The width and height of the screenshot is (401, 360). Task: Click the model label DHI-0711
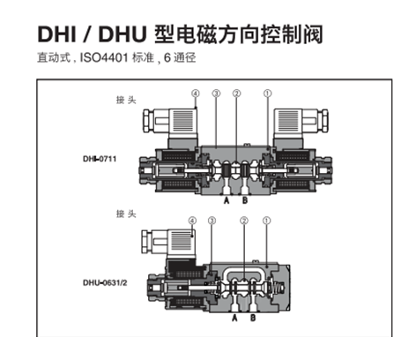pos(100,159)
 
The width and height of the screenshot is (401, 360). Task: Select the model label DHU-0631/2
pos(105,283)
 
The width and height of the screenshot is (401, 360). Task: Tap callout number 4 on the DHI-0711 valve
pos(196,94)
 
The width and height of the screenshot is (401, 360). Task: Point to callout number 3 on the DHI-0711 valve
pos(216,94)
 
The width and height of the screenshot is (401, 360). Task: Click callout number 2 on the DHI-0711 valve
pos(236,94)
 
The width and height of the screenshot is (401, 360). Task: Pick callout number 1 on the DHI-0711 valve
pos(267,94)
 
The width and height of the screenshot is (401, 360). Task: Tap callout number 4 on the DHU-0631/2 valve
pos(192,221)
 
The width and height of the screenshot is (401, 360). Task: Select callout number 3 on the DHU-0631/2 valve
pos(212,221)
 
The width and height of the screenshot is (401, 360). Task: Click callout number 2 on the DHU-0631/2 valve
pos(244,221)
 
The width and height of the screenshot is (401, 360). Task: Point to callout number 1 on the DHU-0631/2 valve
pos(266,221)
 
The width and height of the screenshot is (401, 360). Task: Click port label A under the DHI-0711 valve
pos(226,200)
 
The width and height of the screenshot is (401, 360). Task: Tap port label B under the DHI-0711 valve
pos(245,200)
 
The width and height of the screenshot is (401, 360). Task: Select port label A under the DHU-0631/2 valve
pos(234,318)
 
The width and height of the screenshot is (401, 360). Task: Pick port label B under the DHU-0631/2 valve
pos(253,318)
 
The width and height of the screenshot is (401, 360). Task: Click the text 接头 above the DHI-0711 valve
pos(126,100)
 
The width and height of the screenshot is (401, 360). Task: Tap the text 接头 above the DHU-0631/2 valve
pos(126,214)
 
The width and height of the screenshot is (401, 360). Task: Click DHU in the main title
pos(123,34)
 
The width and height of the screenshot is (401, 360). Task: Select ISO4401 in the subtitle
pos(104,57)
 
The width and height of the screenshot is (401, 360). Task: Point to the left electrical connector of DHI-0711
pos(170,122)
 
